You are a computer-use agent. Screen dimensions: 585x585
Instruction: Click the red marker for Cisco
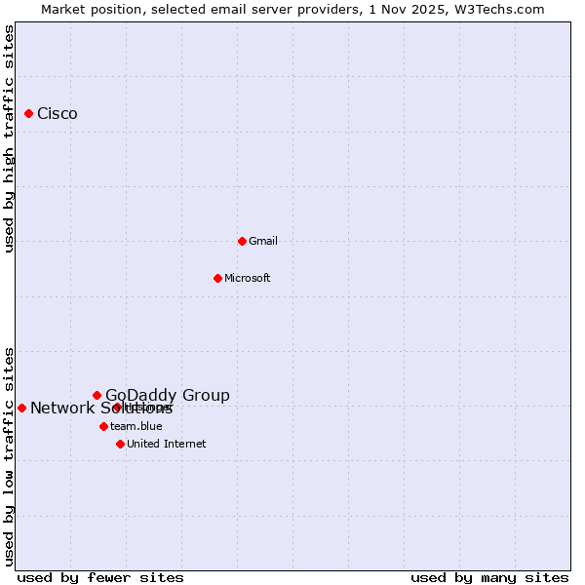(29, 114)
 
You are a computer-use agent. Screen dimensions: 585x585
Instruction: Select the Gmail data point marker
(243, 241)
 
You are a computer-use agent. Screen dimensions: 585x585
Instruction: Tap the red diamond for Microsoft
(218, 278)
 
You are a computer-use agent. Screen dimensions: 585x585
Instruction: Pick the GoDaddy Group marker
(97, 395)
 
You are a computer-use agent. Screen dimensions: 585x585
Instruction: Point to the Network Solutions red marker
(21, 408)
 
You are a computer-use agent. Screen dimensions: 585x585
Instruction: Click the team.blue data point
(103, 426)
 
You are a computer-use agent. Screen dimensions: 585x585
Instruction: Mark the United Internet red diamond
(120, 444)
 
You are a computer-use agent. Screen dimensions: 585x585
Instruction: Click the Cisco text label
(58, 114)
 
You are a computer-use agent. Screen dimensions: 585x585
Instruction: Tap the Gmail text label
(263, 241)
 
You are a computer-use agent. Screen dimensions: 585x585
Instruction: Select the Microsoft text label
(248, 278)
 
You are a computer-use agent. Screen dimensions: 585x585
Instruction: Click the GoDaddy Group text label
(168, 395)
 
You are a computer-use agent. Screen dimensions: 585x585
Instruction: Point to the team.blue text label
(136, 426)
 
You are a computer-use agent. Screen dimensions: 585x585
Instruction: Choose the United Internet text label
(167, 444)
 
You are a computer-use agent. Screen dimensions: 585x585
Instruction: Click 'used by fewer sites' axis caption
(100, 577)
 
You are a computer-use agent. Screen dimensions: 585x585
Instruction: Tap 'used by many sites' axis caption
(489, 577)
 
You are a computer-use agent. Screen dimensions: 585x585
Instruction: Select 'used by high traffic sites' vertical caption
(10, 138)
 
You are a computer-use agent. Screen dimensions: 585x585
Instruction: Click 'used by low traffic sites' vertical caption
(10, 455)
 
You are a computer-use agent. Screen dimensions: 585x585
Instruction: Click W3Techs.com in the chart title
(498, 9)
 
